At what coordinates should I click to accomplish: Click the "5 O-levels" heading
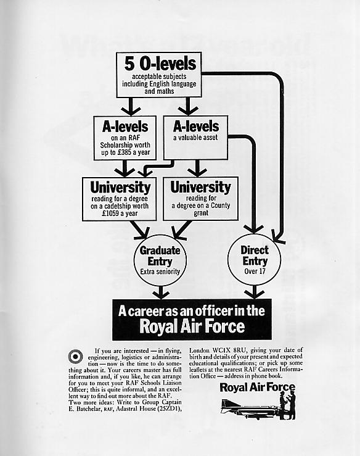coord(160,64)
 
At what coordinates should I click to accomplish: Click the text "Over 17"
coord(255,272)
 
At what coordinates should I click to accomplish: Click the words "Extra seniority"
coord(160,272)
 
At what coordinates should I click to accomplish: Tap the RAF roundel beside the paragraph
coord(76,357)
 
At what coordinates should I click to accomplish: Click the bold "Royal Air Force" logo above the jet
coord(258,388)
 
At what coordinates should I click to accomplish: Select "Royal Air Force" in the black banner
coord(192,326)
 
